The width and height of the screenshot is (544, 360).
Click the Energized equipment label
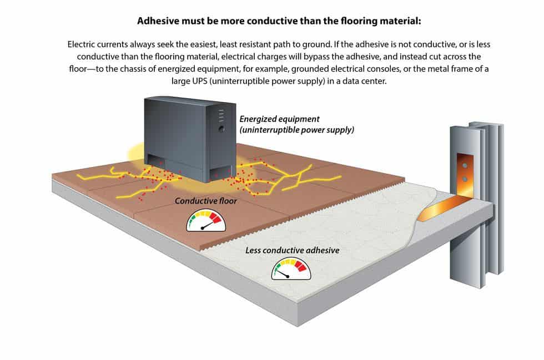click(x=279, y=119)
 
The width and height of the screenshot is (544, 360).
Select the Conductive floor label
click(x=206, y=201)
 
